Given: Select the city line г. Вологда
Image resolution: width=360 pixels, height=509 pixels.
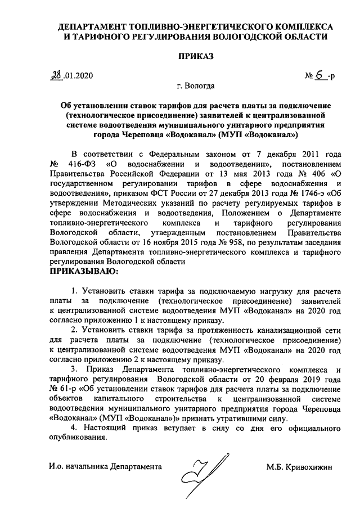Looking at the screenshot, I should (x=195, y=87).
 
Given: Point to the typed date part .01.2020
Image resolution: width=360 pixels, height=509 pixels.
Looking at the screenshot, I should (x=80, y=75).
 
